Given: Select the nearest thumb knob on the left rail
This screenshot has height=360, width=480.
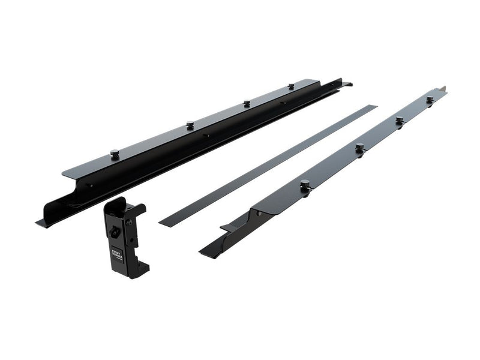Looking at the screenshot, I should click(114, 153).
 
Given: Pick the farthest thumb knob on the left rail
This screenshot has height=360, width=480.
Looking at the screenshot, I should click(291, 86).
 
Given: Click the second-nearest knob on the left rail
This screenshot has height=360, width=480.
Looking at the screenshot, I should click(190, 124).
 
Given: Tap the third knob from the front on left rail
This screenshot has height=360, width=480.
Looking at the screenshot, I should click(247, 103).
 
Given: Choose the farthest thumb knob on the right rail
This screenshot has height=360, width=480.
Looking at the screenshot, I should click(430, 98).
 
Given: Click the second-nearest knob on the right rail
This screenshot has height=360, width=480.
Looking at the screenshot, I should click(359, 147).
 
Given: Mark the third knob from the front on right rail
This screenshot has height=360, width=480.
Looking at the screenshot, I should click(399, 120).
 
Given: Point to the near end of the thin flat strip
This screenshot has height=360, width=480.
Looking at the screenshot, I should click(163, 223).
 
